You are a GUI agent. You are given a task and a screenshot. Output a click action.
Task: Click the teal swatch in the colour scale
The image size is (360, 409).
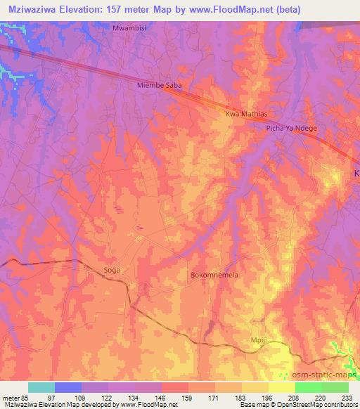(x=41, y=387)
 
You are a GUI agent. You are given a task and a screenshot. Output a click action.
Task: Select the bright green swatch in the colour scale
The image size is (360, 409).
(x=309, y=387)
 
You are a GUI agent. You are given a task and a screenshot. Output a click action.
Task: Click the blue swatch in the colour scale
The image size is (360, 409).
(x=68, y=387)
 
